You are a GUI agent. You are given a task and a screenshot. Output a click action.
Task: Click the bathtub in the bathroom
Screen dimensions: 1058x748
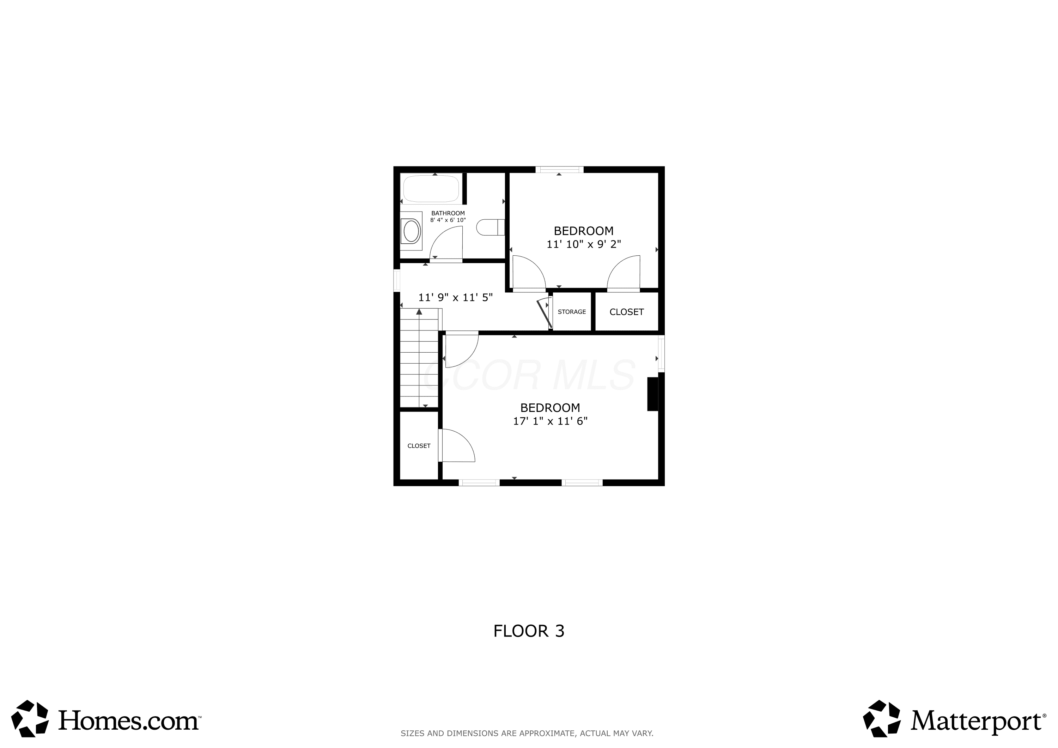point(431,188)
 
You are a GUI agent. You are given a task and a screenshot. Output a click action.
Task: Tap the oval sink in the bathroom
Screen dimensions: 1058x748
point(411,231)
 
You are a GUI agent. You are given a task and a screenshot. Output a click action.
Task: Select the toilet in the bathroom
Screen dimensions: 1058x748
point(490,227)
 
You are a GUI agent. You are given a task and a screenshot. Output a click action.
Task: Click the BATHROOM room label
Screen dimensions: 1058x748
point(448,213)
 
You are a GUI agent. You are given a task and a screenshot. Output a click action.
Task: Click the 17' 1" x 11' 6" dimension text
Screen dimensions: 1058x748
point(550,421)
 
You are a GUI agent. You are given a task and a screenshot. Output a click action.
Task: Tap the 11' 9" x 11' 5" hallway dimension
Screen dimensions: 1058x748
point(455,297)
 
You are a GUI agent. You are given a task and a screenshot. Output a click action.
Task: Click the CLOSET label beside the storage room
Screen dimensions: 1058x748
point(627,312)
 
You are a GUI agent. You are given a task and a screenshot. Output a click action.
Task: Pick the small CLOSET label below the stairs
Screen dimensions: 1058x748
point(419,446)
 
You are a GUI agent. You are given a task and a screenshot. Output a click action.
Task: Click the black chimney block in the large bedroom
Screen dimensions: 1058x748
point(652,394)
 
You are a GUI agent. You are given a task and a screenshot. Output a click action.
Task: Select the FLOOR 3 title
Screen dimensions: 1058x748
point(529,631)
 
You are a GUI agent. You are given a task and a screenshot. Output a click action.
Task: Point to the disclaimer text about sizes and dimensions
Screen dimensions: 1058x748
point(527,733)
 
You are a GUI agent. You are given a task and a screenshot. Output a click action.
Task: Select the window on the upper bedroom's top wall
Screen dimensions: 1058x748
point(559,169)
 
